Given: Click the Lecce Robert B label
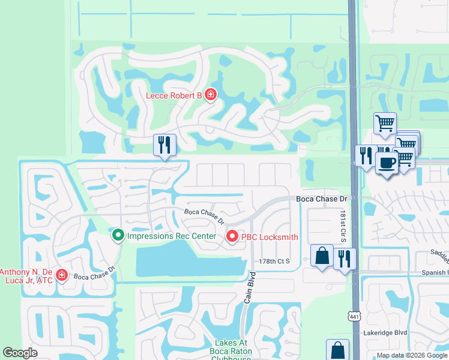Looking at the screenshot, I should tap(174, 95).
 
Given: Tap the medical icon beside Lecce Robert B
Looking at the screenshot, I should tap(211, 95).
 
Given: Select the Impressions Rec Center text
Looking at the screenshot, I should tap(171, 236).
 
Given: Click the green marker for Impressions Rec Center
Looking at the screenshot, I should tap(118, 235).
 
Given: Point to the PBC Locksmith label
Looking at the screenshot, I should tap(270, 237).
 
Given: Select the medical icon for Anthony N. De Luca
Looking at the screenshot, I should tap(61, 275).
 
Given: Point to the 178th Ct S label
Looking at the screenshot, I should tap(274, 262).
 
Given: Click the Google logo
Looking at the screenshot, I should tap(20, 353).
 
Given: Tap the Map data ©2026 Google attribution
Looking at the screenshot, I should tap(412, 355).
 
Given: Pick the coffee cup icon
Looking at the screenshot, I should tap(387, 162).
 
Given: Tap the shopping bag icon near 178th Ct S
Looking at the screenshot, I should tap(322, 255).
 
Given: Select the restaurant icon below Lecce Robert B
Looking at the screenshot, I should tap(164, 145).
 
